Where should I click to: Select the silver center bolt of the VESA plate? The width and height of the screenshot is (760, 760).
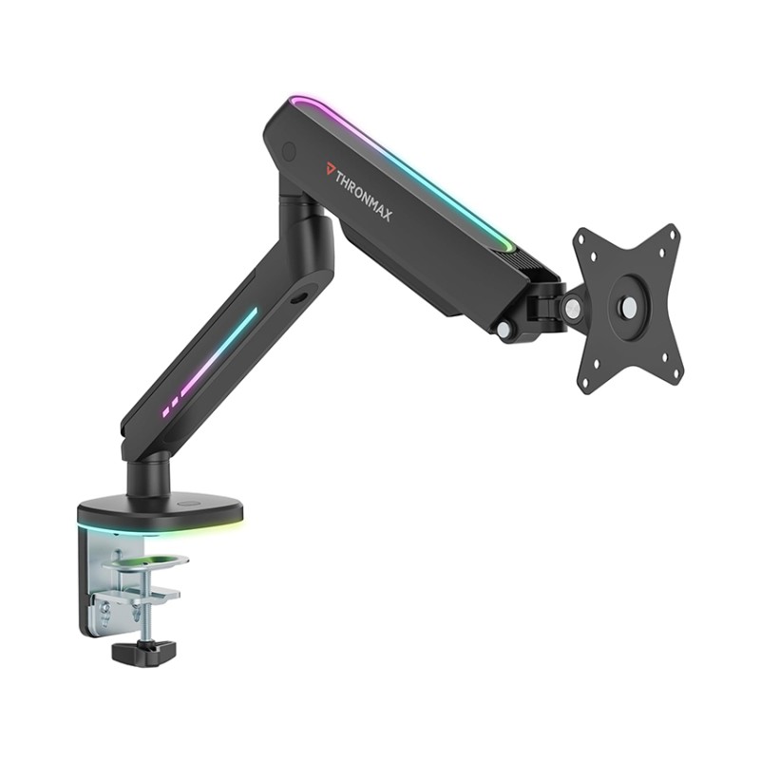tap(628, 306)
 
